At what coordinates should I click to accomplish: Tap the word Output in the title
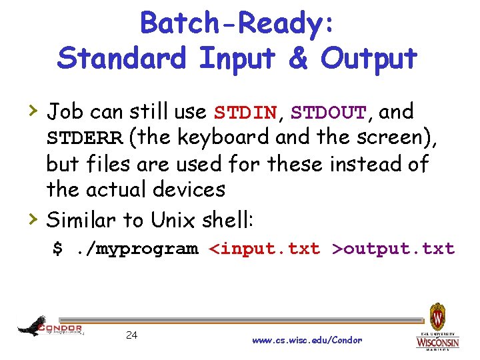tap(369, 58)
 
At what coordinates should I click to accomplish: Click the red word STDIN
tap(245, 112)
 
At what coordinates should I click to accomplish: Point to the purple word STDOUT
tap(328, 112)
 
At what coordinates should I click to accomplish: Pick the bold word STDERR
tap(84, 138)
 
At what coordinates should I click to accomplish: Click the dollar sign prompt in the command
tap(58, 249)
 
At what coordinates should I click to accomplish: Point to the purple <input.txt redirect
tap(265, 249)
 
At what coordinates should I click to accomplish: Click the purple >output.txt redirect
tap(393, 249)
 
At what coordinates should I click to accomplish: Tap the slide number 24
tap(131, 335)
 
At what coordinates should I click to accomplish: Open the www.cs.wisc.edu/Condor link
tap(307, 340)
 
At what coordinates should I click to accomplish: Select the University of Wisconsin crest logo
tap(437, 327)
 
